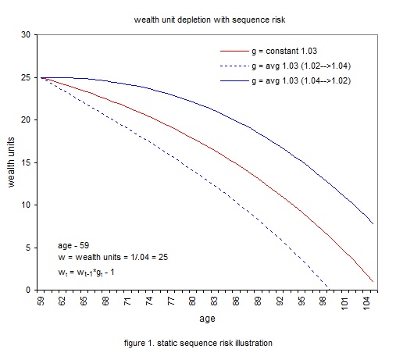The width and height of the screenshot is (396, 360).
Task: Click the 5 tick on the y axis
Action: [x=28, y=248]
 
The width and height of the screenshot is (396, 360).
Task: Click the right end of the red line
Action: [x=373, y=281]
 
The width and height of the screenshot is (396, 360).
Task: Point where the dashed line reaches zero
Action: [x=326, y=290]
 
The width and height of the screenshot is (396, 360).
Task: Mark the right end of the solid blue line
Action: [x=373, y=224]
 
